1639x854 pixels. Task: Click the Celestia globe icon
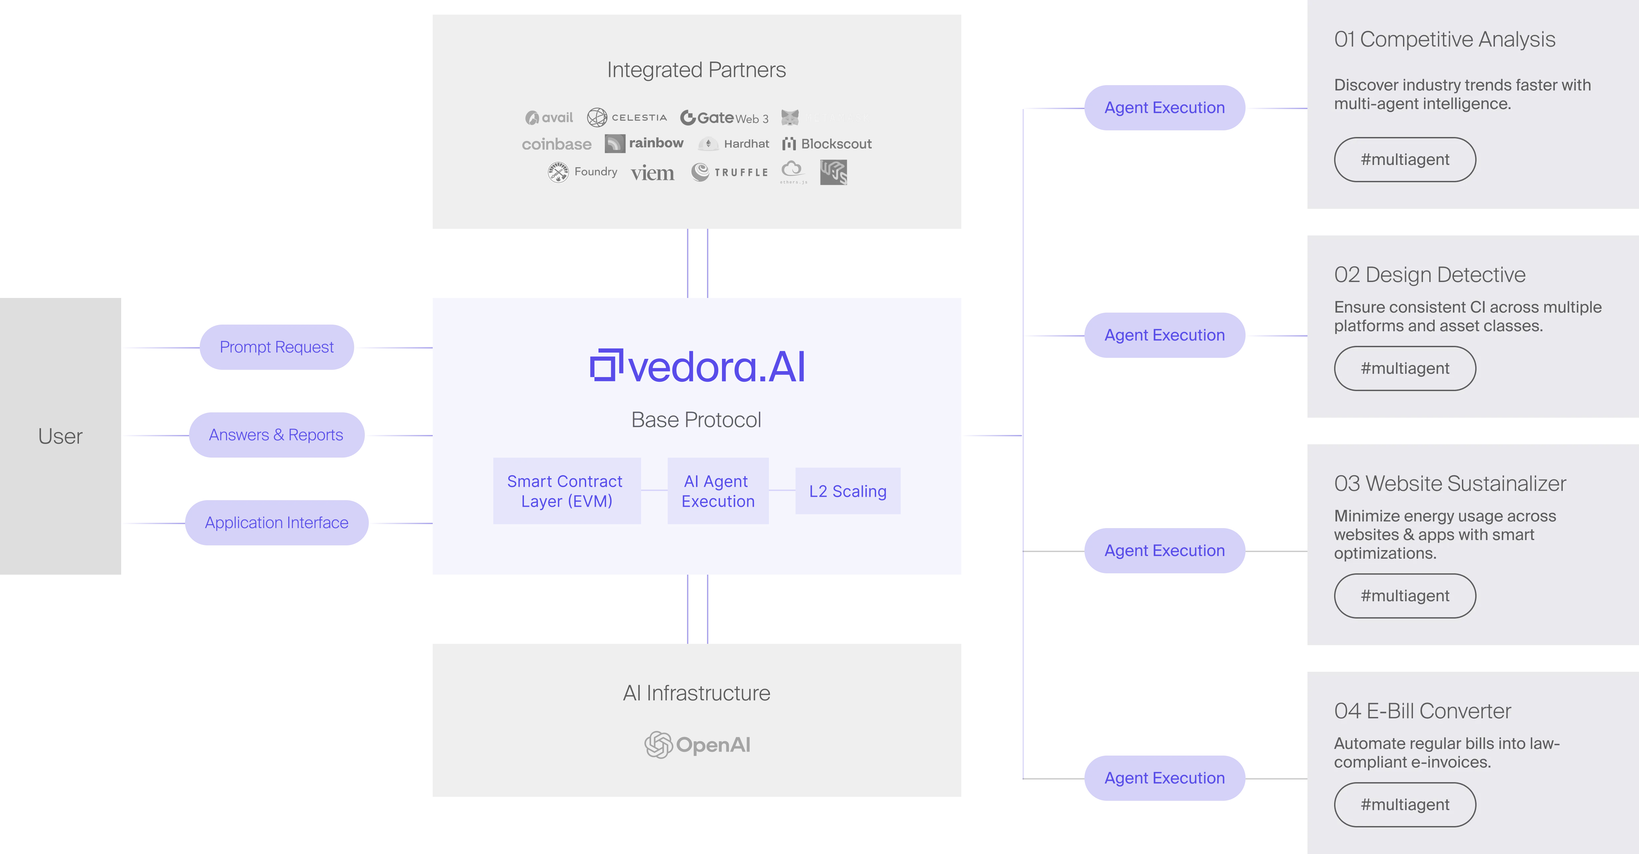[597, 118]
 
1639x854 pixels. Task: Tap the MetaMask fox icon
[790, 118]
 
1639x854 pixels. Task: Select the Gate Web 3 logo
[724, 118]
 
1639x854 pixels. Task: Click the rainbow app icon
[614, 144]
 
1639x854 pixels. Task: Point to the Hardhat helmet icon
[708, 144]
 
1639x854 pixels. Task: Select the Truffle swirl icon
[700, 172]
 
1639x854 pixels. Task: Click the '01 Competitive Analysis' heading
[1444, 40]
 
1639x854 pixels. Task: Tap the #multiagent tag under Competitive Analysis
[1405, 160]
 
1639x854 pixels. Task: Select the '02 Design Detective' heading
[1430, 275]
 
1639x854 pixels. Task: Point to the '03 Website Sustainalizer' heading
[1450, 483]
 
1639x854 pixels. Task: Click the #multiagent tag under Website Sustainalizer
[1405, 596]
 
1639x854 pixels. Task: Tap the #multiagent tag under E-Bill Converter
[1405, 804]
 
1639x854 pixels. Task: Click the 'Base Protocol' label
[696, 420]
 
